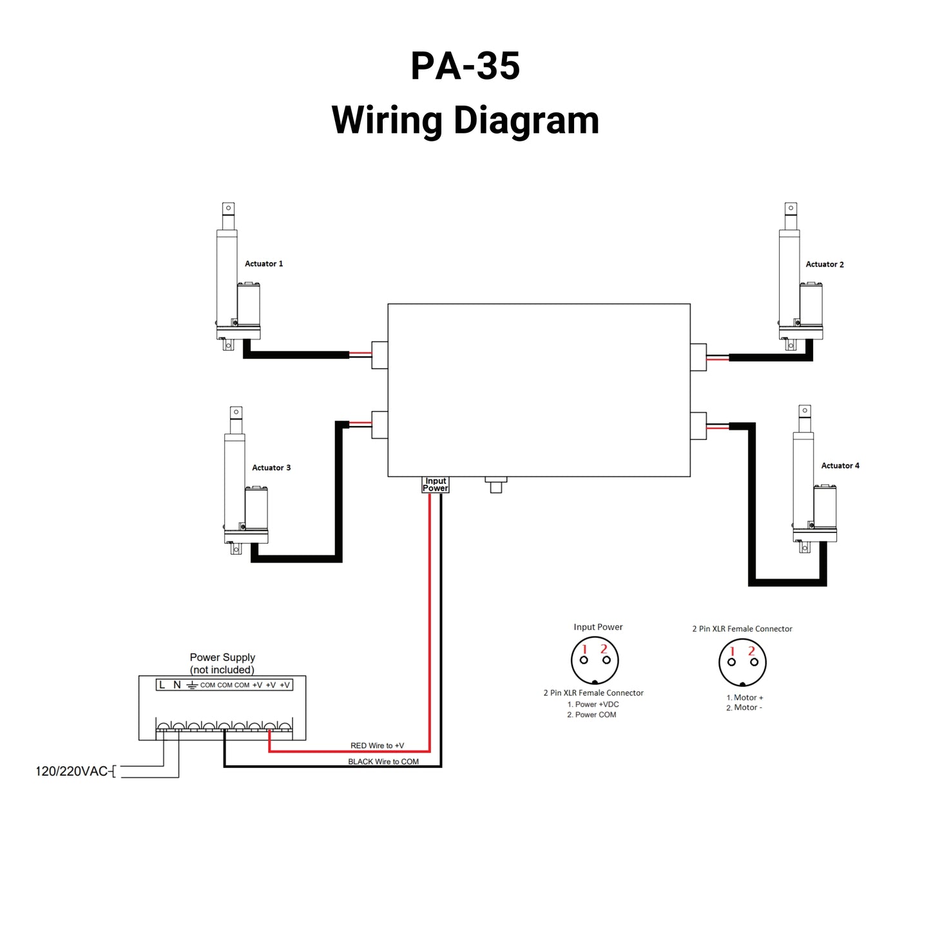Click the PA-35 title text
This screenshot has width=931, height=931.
coord(465,66)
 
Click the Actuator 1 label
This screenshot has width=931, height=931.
coord(264,264)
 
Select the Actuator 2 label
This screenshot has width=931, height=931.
coord(824,264)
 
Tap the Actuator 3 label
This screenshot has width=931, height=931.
coord(271,468)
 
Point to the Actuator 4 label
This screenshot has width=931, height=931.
coord(840,465)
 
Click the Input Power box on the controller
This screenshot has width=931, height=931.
coord(436,485)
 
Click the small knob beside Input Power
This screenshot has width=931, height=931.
coord(495,485)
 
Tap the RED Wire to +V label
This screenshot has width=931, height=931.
coord(377,745)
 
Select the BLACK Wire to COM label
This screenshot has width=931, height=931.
coord(383,762)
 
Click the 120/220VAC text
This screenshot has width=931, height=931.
coord(72,771)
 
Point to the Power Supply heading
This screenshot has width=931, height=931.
coord(222,657)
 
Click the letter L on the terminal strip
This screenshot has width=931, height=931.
coord(162,685)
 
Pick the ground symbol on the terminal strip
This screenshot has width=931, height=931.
coord(191,685)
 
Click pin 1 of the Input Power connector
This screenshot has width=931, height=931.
coord(584,660)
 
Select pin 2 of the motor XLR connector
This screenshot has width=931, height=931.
coord(754,662)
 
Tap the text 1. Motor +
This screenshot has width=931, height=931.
coord(744,697)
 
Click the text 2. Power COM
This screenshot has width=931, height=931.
coord(591,715)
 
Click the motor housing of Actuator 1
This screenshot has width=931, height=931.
coord(248,304)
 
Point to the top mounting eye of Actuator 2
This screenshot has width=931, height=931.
coord(791,208)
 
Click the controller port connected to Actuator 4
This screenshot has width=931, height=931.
coord(698,425)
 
